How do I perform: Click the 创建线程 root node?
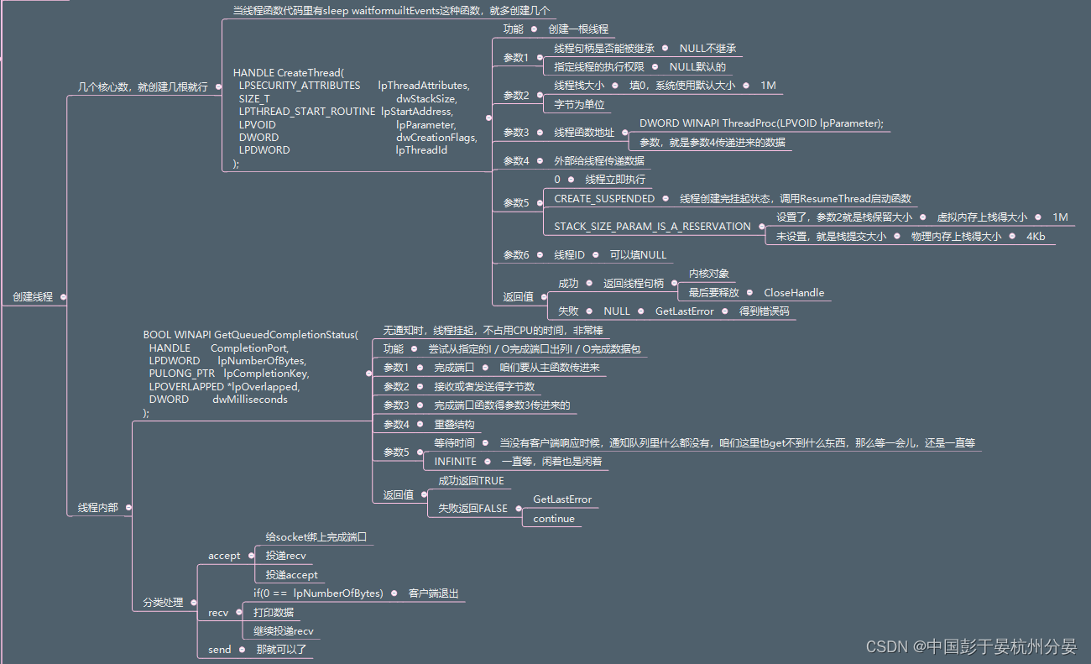pos(33,297)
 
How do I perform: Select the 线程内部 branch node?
pos(98,508)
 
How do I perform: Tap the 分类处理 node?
pos(163,602)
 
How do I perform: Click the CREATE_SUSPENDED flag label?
pos(604,199)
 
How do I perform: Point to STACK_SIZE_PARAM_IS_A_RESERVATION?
pos(652,227)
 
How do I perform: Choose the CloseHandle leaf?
pos(793,293)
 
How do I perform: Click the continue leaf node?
pos(554,519)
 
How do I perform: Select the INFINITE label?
pos(455,462)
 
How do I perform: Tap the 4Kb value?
pos(1036,237)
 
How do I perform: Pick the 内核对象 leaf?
pos(709,274)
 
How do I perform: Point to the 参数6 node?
pos(516,255)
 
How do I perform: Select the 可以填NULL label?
pos(638,255)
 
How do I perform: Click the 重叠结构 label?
pos(454,425)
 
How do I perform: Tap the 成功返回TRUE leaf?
pos(471,481)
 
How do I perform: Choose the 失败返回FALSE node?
pos(472,509)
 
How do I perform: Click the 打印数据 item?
pos(274,613)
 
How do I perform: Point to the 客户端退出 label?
pos(434,593)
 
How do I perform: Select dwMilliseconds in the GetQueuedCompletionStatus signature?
pos(250,400)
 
